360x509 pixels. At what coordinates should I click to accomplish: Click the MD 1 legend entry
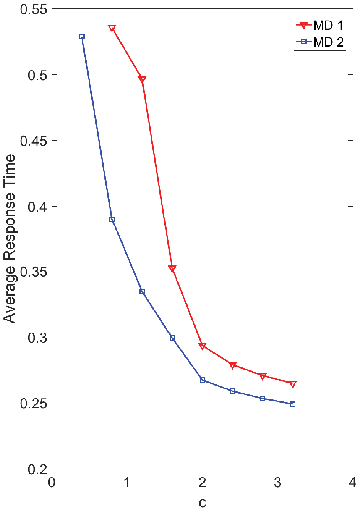pyautogui.click(x=319, y=25)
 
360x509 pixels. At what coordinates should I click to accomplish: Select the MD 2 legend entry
pyautogui.click(x=319, y=42)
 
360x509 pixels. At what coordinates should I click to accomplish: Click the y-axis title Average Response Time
pyautogui.click(x=10, y=239)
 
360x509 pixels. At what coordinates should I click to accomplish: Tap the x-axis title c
pyautogui.click(x=203, y=502)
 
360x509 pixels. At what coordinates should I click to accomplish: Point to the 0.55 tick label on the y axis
pyautogui.click(x=34, y=10)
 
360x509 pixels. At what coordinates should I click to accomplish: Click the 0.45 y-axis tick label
pyautogui.click(x=34, y=141)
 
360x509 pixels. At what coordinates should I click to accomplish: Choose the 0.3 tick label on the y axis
pyautogui.click(x=37, y=337)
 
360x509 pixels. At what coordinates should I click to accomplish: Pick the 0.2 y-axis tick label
pyautogui.click(x=37, y=469)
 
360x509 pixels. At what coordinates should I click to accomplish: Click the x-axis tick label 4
pyautogui.click(x=352, y=482)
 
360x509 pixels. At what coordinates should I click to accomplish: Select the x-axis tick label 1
pyautogui.click(x=127, y=482)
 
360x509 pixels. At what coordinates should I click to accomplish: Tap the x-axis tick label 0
pyautogui.click(x=52, y=482)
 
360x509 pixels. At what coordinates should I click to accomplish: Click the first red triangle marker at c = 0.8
pyautogui.click(x=112, y=29)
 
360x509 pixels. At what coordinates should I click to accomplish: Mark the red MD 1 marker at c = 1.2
pyautogui.click(x=142, y=79)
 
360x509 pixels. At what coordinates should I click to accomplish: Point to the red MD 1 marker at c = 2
pyautogui.click(x=203, y=346)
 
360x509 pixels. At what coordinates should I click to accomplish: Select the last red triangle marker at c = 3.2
pyautogui.click(x=293, y=384)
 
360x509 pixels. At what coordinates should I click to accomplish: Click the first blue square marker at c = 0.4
pyautogui.click(x=82, y=37)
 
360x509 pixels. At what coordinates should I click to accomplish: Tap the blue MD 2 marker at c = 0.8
pyautogui.click(x=112, y=220)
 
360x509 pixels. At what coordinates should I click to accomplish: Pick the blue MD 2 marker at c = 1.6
pyautogui.click(x=172, y=338)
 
